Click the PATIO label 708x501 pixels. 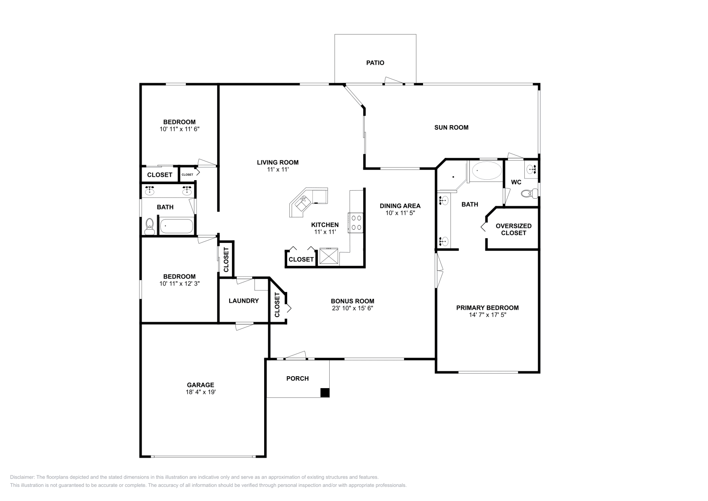click(375, 63)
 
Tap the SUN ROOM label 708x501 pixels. click(451, 127)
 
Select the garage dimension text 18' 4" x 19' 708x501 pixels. click(200, 392)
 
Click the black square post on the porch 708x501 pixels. click(325, 393)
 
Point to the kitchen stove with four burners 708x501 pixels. click(356, 223)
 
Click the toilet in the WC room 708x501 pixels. click(528, 193)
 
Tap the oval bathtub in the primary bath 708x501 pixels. click(487, 170)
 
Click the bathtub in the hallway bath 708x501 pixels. click(176, 226)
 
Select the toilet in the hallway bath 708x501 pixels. click(150, 226)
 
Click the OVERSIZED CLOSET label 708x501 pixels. click(513, 229)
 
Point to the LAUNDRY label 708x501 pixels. click(243, 301)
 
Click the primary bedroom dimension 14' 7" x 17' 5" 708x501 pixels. click(487, 315)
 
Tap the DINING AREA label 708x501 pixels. click(400, 206)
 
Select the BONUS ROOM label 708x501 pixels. click(353, 301)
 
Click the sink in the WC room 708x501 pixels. click(532, 169)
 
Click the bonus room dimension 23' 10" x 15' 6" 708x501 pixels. click(353, 308)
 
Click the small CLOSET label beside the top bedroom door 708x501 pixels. click(187, 174)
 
